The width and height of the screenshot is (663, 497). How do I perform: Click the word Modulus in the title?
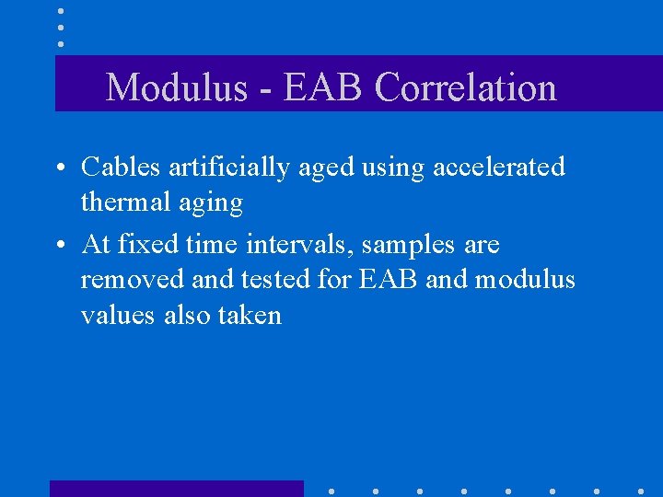coord(176,88)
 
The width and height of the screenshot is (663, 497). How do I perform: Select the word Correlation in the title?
coord(466,88)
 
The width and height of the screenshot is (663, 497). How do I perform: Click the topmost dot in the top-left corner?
coord(60,11)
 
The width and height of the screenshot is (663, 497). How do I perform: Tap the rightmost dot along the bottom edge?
coord(640,491)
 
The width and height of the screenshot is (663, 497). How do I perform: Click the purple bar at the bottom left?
coord(176,489)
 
